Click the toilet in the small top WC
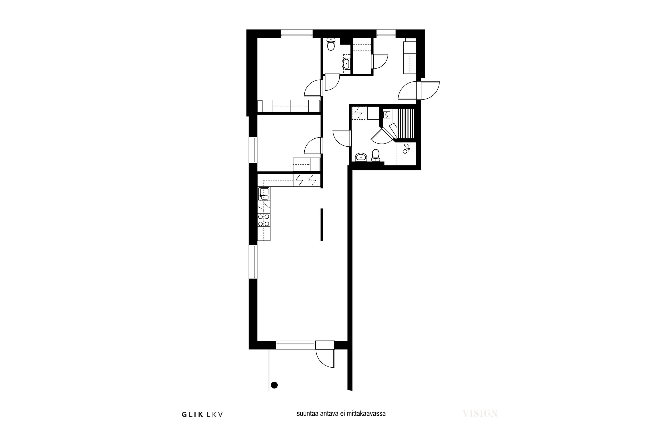coord(331,44)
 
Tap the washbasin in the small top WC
coord(346,64)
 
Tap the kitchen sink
coord(264,194)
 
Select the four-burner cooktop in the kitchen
coord(264,220)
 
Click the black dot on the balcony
coord(274,385)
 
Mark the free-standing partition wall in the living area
coord(322,225)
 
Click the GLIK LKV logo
coord(202,415)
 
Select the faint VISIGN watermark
coord(480,413)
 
